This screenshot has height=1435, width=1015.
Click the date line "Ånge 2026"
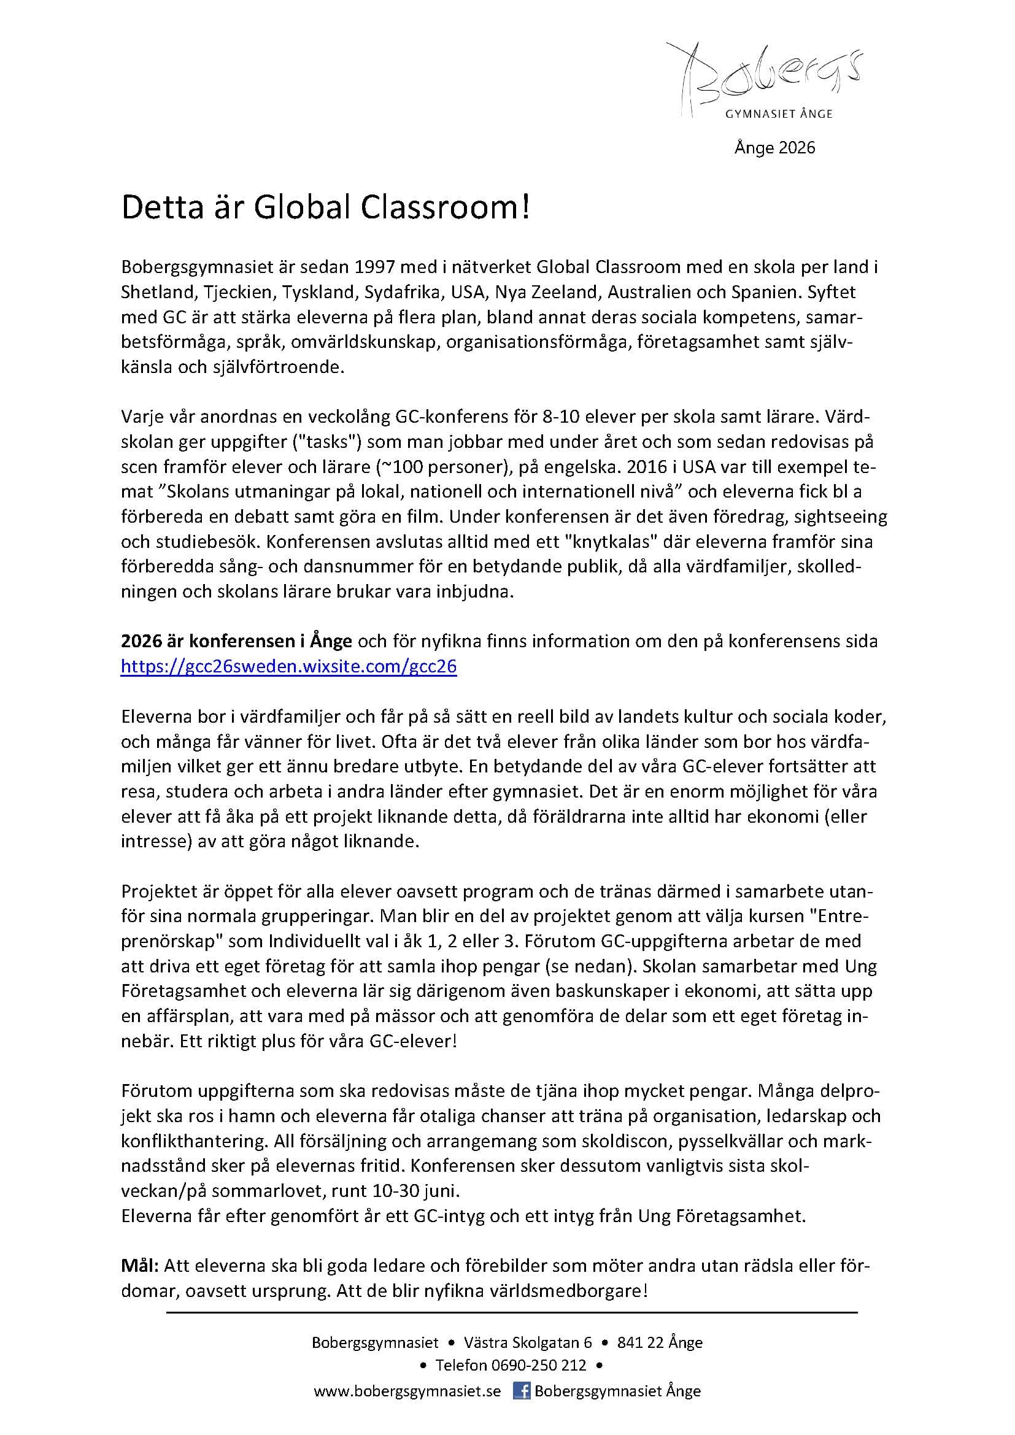(x=774, y=147)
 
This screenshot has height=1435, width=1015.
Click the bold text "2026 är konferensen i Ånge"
(x=237, y=642)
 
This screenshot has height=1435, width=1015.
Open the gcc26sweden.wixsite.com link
(x=289, y=667)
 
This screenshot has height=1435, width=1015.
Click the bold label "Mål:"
(x=140, y=1266)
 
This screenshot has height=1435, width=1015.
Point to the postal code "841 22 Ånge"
(x=659, y=1342)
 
